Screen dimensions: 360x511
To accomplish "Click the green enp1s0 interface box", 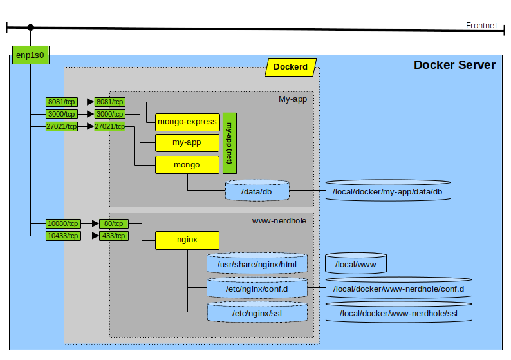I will click(x=30, y=55).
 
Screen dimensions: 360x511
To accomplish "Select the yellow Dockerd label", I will click(x=290, y=67).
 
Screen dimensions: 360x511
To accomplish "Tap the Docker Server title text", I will click(x=454, y=65).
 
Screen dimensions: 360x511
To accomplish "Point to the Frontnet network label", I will click(x=481, y=25).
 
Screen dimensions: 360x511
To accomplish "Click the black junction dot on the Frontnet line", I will click(x=30, y=28).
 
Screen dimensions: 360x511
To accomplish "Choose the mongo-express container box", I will click(x=187, y=122).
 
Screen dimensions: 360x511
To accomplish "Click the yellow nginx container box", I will click(x=187, y=241).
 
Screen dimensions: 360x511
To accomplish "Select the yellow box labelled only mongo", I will click(x=187, y=165).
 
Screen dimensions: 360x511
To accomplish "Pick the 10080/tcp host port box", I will click(x=62, y=223).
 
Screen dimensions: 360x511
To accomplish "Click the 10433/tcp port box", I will click(x=62, y=236).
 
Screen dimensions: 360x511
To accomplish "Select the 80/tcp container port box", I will click(x=113, y=223).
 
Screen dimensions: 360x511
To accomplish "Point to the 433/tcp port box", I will click(x=113, y=236).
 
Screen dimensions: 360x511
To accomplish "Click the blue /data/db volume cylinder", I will click(x=257, y=191).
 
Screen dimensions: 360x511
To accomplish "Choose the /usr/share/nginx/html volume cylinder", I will click(x=257, y=264).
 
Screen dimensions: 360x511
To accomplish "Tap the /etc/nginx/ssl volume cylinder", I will click(x=257, y=313).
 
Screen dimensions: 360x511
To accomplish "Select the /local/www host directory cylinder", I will click(x=355, y=263).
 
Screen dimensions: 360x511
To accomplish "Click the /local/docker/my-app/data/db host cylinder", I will click(x=388, y=191).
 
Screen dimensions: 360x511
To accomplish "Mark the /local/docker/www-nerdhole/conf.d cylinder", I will click(x=399, y=289).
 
